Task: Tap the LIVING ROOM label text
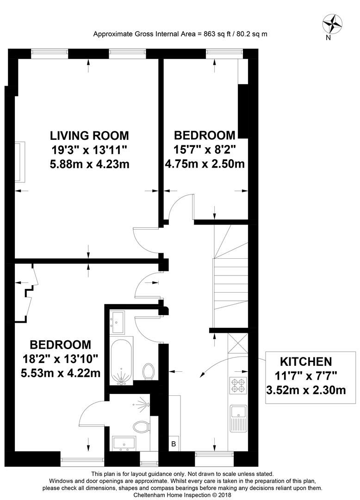coord(89,136)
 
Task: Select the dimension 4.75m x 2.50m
coord(205,163)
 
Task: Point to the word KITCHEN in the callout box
coord(307,362)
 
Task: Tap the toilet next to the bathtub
coord(149,371)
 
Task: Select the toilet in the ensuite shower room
coord(140,426)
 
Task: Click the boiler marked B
coord(174,444)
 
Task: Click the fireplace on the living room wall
coord(19,162)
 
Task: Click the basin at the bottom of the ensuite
coord(124,443)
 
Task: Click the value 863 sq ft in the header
coord(216,34)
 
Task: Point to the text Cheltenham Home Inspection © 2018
coord(180,494)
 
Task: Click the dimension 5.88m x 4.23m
coord(89,163)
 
